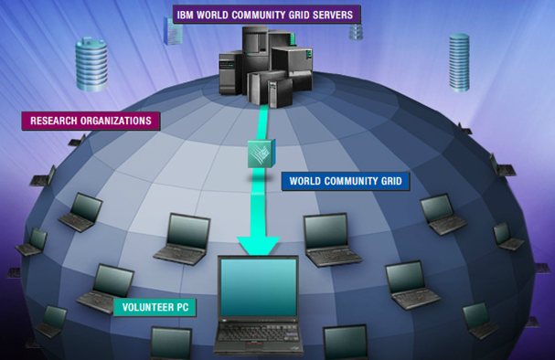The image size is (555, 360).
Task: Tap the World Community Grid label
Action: tap(346, 180)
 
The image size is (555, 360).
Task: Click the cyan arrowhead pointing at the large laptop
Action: tap(259, 245)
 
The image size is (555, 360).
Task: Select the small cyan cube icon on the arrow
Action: tap(261, 153)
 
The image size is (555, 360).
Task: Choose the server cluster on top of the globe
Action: tap(265, 64)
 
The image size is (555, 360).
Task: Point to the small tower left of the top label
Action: tap(170, 29)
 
